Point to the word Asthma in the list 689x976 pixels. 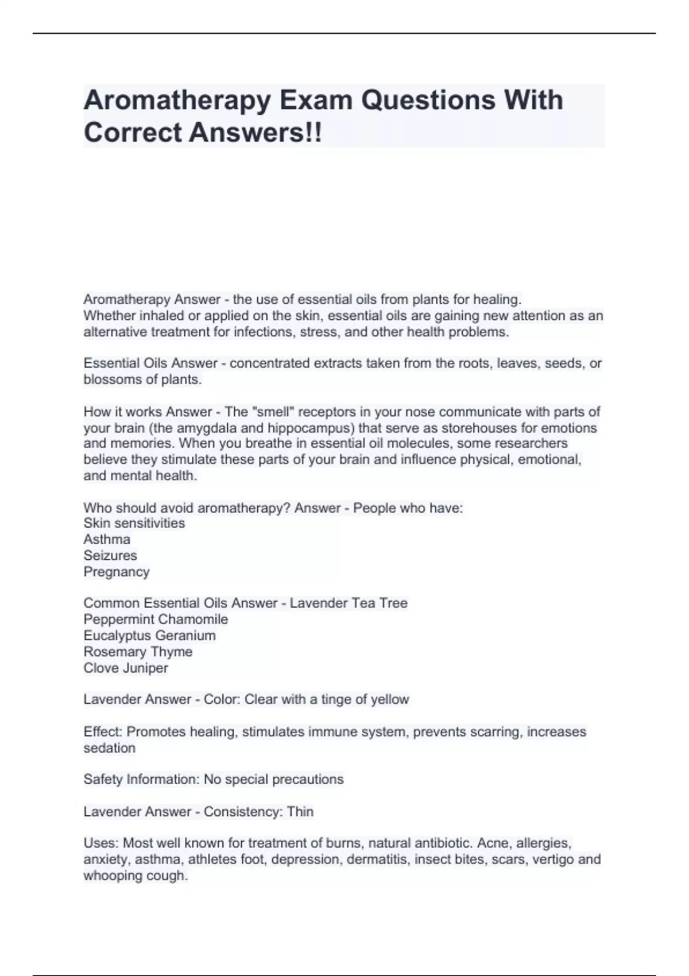(x=107, y=539)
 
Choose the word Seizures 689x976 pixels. (x=110, y=555)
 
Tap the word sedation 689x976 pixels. (x=110, y=748)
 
